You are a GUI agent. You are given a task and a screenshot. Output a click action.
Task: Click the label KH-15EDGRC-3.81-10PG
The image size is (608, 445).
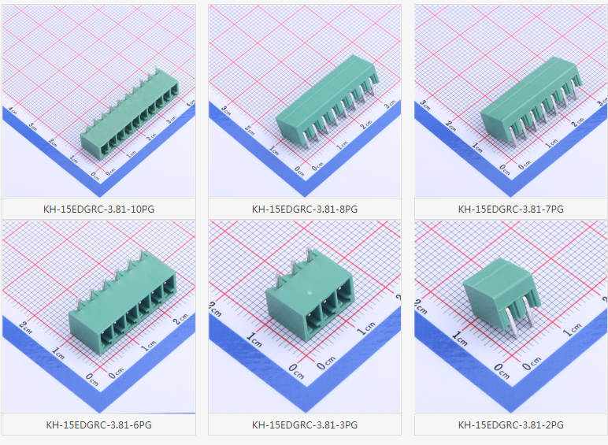pos(98,210)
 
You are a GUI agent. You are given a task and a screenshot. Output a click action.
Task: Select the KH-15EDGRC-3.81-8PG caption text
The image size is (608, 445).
pos(304,210)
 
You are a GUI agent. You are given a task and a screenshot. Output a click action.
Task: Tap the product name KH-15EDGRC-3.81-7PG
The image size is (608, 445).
pos(510,210)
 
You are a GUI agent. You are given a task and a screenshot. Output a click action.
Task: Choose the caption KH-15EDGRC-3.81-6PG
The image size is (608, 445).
pos(98,425)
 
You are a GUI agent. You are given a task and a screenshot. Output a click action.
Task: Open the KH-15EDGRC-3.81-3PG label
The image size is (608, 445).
pos(304,425)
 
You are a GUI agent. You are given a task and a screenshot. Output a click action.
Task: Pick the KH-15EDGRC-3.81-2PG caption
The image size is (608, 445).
pos(510,425)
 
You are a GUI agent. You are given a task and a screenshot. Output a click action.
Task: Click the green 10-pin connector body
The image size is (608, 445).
pos(130,115)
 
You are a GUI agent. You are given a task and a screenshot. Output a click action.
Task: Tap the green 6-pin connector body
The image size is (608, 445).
pos(123,302)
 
